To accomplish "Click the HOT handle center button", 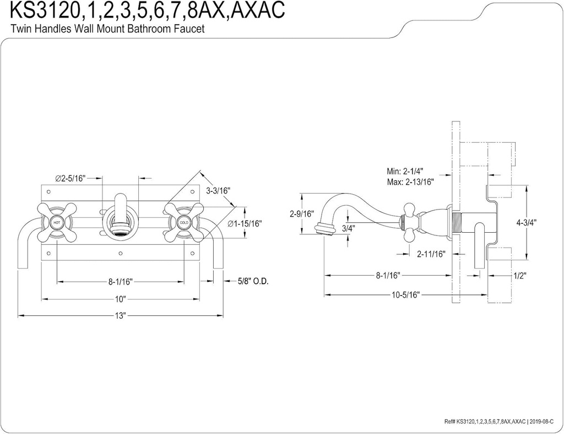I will (57, 222).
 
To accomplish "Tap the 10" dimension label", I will (121, 298).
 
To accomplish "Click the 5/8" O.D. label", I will (253, 281).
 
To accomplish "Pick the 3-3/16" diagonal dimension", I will (218, 191).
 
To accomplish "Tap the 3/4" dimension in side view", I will (348, 228).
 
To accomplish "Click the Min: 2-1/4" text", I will (408, 171).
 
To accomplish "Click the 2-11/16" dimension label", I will (431, 254).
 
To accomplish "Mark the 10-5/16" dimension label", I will (406, 294).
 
